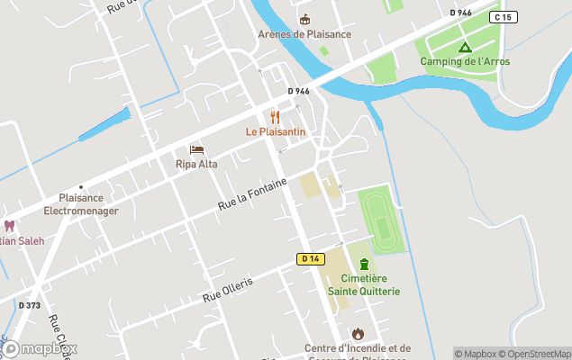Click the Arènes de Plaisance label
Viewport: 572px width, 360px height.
coord(304,34)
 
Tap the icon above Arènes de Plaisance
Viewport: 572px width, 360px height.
coord(304,19)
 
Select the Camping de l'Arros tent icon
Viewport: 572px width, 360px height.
coord(465,47)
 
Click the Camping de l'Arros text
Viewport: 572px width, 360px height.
coord(465,61)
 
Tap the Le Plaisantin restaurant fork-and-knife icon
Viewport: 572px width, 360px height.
coord(276,117)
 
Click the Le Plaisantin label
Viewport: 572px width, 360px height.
coord(276,131)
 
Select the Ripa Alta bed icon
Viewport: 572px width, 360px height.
coord(196,149)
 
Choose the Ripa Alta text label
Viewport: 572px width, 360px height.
coord(196,165)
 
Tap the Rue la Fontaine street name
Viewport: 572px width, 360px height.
coord(252,195)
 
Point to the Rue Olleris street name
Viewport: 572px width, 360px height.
coord(228,289)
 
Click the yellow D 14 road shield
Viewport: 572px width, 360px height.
coord(309,259)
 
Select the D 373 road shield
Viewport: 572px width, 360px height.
coord(30,305)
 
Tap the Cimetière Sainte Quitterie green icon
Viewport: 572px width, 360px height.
coord(364,264)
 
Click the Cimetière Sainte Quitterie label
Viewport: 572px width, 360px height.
coord(364,284)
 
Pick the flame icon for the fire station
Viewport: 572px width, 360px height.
coord(358,333)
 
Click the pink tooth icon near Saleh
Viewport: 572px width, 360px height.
coord(10,226)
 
